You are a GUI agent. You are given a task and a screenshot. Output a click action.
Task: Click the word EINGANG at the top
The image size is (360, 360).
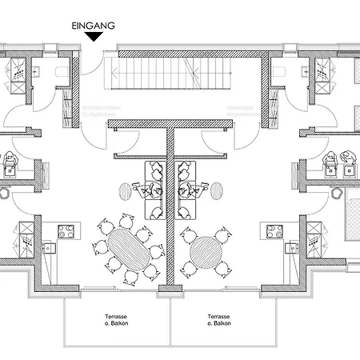[x=94, y=25]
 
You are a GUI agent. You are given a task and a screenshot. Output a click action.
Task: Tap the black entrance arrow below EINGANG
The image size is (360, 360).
[x=94, y=36]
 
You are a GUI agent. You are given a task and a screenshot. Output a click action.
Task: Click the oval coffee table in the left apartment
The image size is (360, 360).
[x=125, y=192]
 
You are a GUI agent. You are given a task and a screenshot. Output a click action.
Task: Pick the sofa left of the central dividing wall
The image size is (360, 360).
[x=154, y=190]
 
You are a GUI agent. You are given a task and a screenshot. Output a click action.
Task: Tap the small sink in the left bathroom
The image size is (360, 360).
[x=37, y=70]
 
